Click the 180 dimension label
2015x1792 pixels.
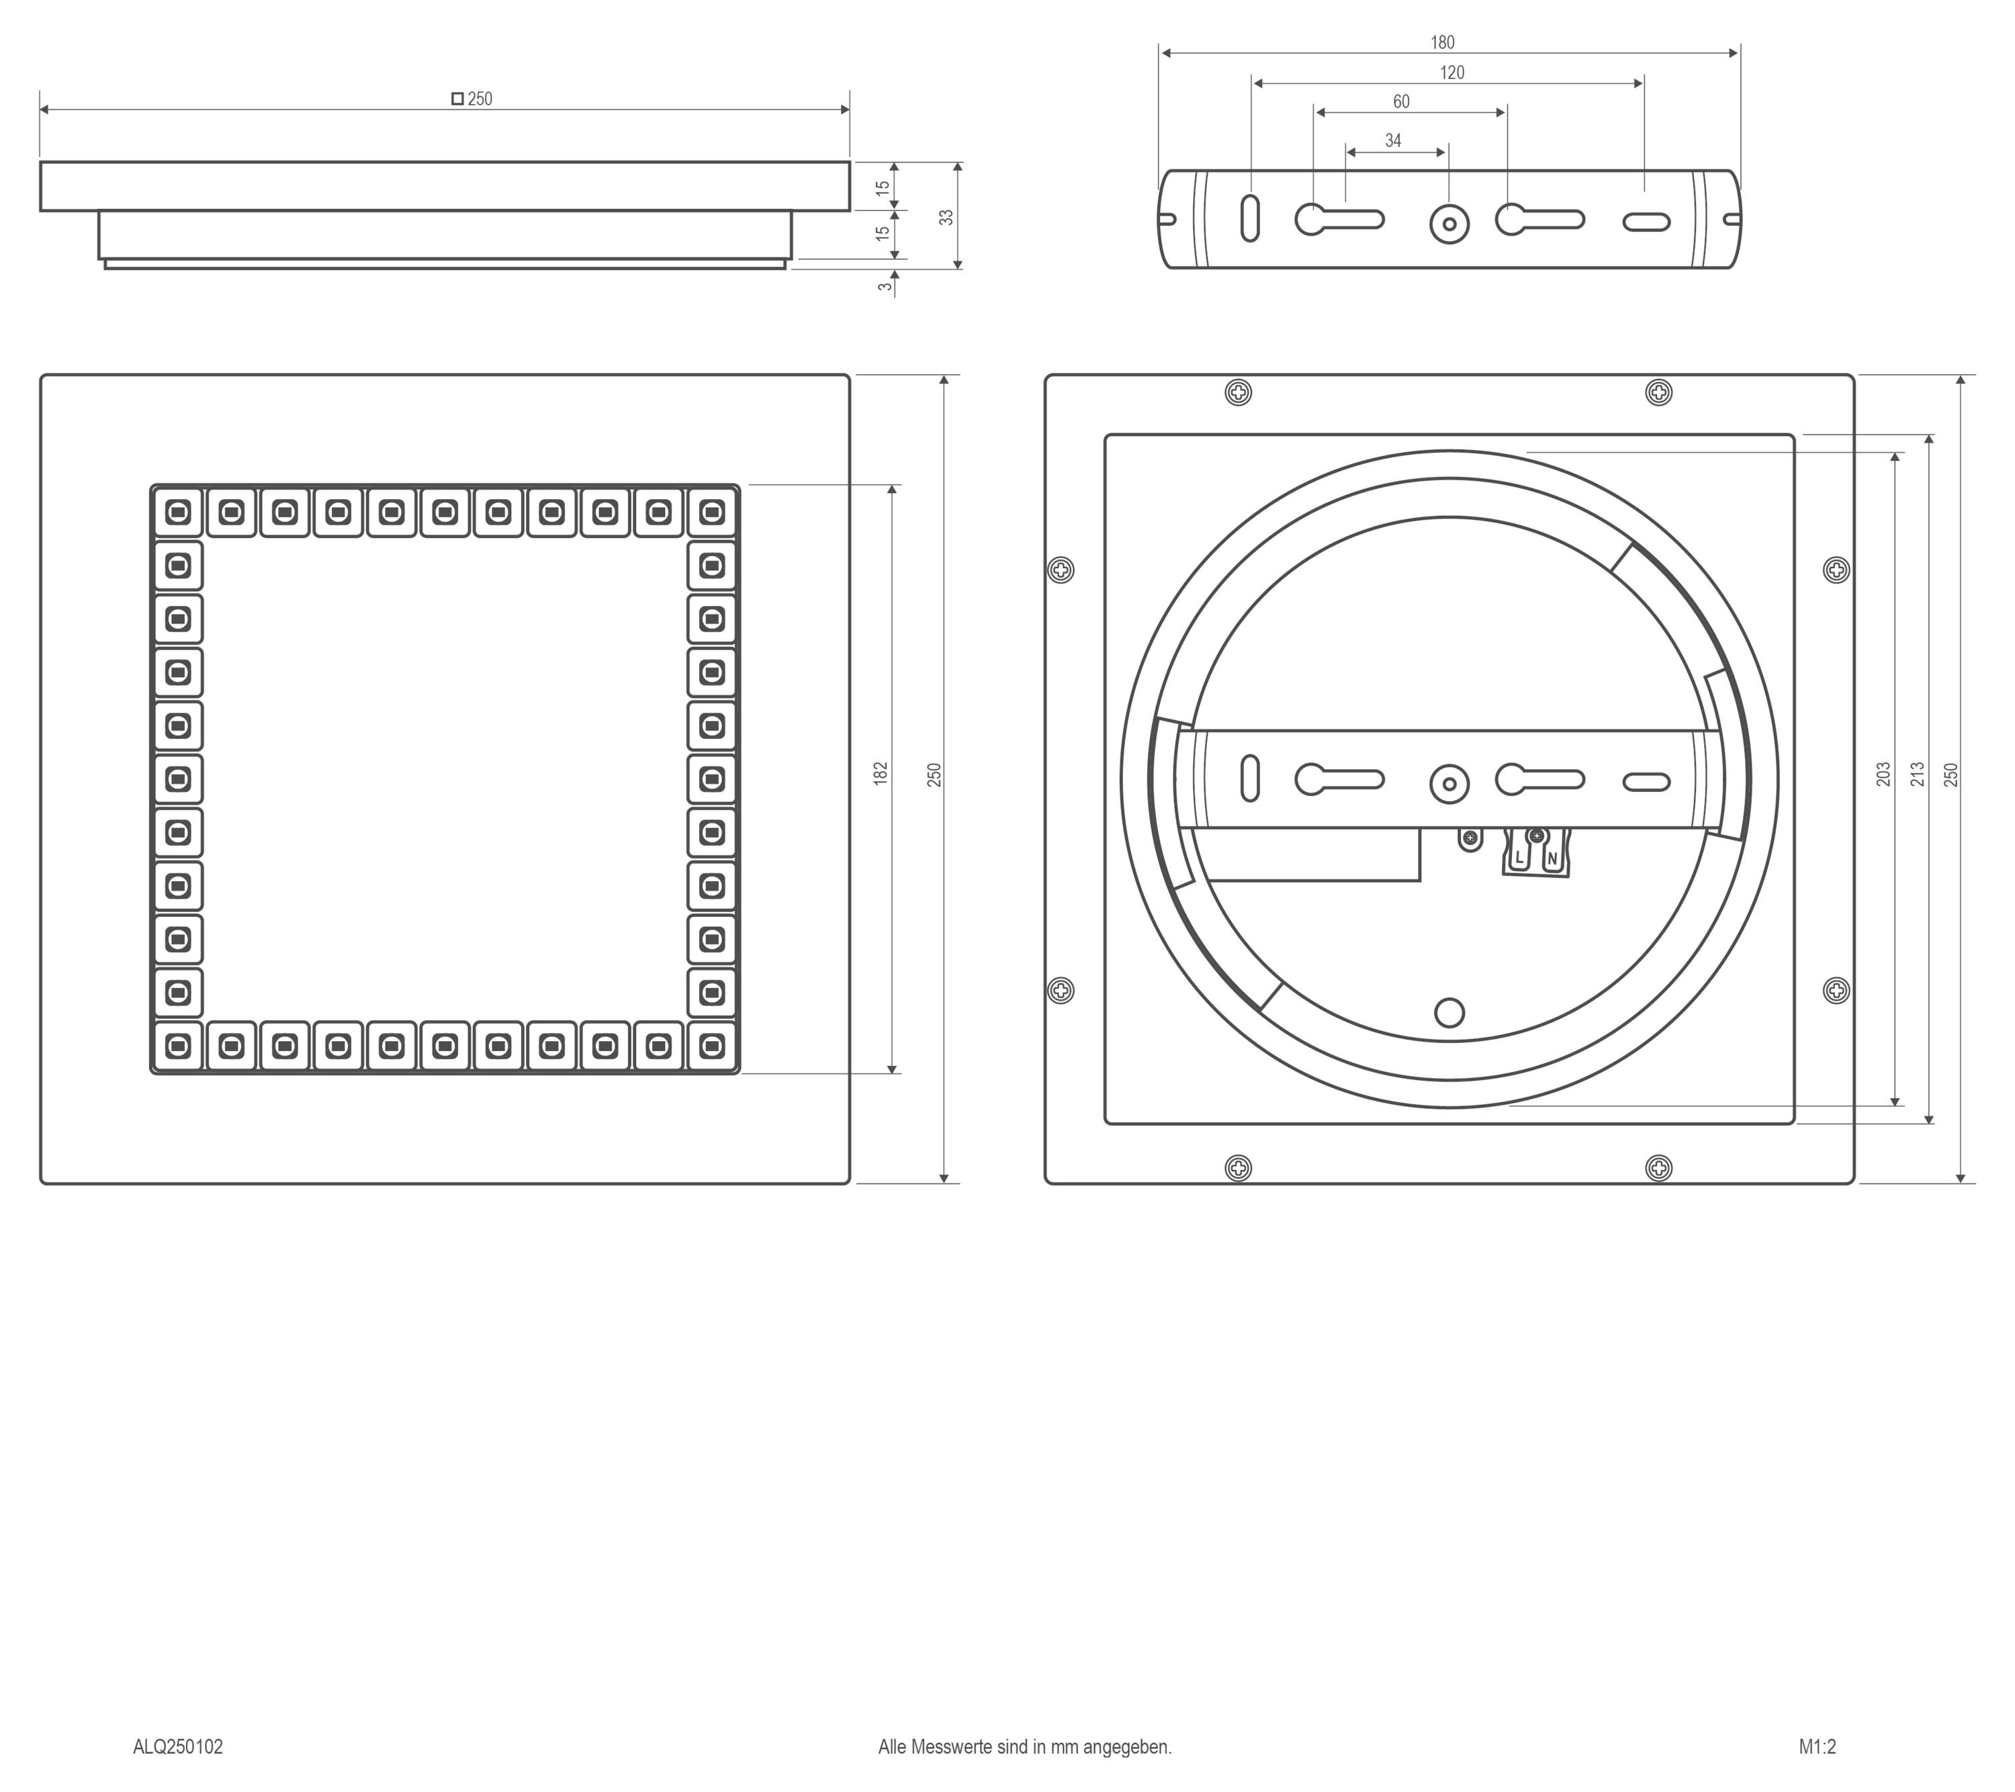pos(1442,42)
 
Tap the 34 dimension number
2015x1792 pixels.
pos(1393,141)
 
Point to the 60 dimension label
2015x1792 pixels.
pos(1401,101)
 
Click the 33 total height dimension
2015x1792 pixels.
pos(946,216)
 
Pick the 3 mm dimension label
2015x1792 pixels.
pos(885,287)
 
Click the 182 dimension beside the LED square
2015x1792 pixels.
pos(881,773)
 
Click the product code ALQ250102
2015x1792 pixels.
pos(179,1746)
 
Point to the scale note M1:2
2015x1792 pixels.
pos(1817,1746)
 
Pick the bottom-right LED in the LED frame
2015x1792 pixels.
pos(712,1045)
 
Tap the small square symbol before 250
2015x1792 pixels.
pos(457,99)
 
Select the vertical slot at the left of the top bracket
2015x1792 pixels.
pos(1250,219)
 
